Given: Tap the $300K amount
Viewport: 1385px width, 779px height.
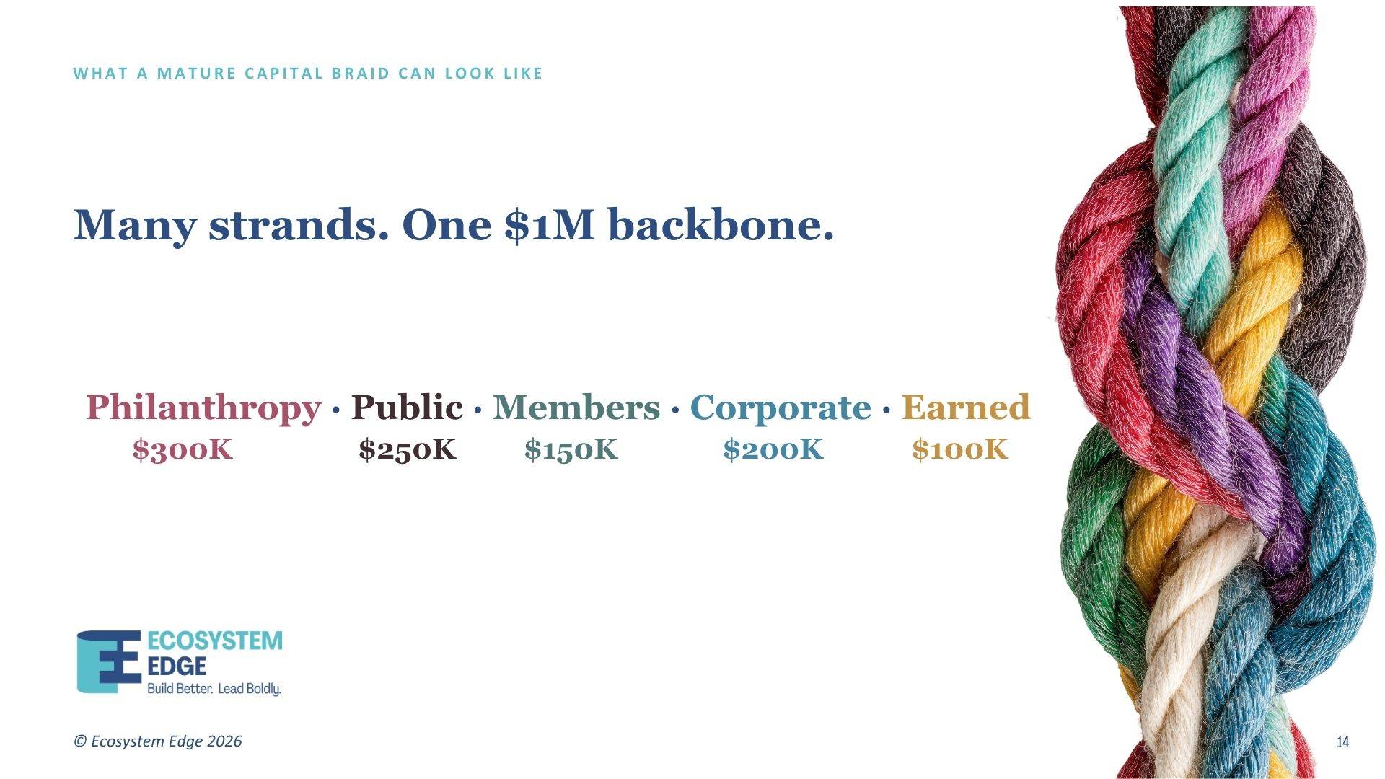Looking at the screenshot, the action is point(183,449).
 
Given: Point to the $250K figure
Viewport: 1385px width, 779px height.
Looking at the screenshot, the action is point(408,449).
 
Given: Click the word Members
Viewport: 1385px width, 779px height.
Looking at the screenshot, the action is point(576,408).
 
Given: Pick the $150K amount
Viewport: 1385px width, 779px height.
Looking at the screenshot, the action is point(571,449).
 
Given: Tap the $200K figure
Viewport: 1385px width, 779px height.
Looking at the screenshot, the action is point(773,449).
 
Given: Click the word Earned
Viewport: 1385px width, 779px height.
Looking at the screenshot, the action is point(966,408).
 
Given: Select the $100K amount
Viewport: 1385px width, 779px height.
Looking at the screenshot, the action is point(960,449).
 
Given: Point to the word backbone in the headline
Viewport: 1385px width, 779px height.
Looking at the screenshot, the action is point(721,224).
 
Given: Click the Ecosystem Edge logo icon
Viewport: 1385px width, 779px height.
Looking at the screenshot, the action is point(109,662).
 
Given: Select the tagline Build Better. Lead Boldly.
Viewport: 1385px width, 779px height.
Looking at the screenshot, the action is point(214,688).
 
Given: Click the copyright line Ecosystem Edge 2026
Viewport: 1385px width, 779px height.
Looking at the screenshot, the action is point(158,741).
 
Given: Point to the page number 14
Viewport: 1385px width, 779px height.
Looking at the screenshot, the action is point(1342,742).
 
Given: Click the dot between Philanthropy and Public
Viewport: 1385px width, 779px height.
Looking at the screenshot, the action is point(335,410).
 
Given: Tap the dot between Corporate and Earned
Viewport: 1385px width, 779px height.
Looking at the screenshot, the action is point(887,410).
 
